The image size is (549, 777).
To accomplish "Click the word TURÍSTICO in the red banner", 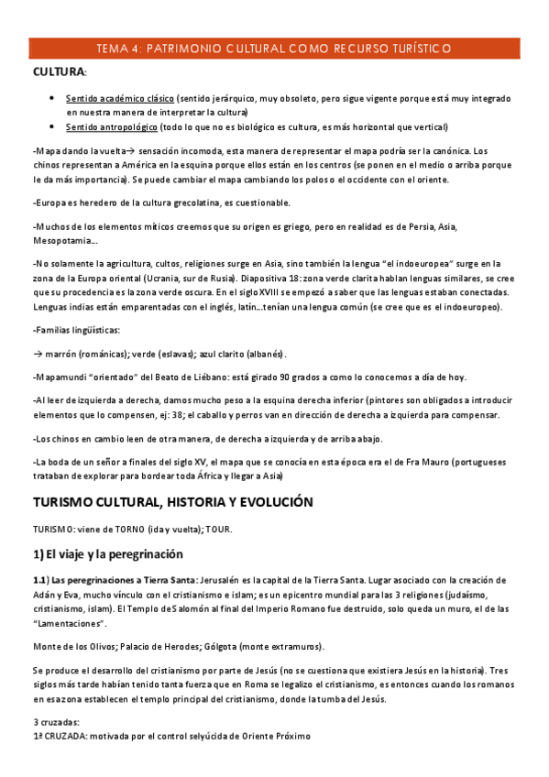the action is (x=416, y=49).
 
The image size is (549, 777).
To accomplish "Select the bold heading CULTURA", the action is (x=58, y=71).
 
